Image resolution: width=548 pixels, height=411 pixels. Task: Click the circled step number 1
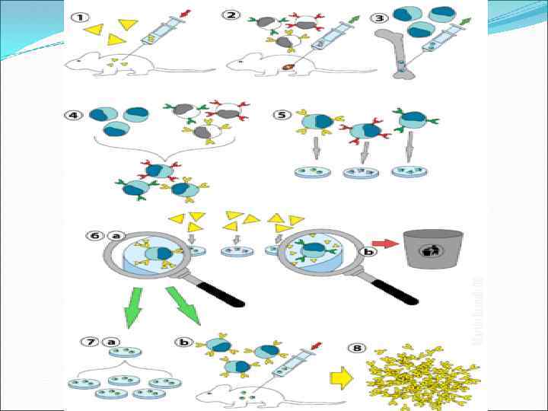click(x=80, y=18)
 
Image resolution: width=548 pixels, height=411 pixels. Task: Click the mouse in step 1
click(x=107, y=64)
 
